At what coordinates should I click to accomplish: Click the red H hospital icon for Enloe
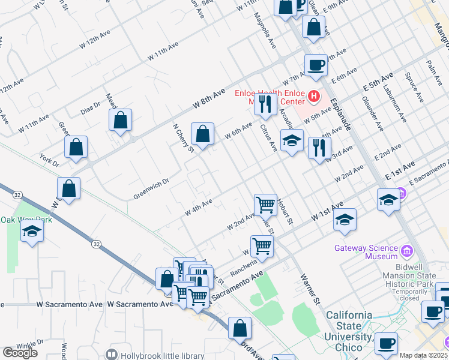coord(313,95)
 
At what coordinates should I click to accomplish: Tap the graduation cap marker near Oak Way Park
coord(32,232)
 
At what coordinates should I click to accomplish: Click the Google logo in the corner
coord(20,353)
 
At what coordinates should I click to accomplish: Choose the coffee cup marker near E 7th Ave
coord(316,65)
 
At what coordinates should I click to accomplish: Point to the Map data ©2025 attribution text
coord(424,355)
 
